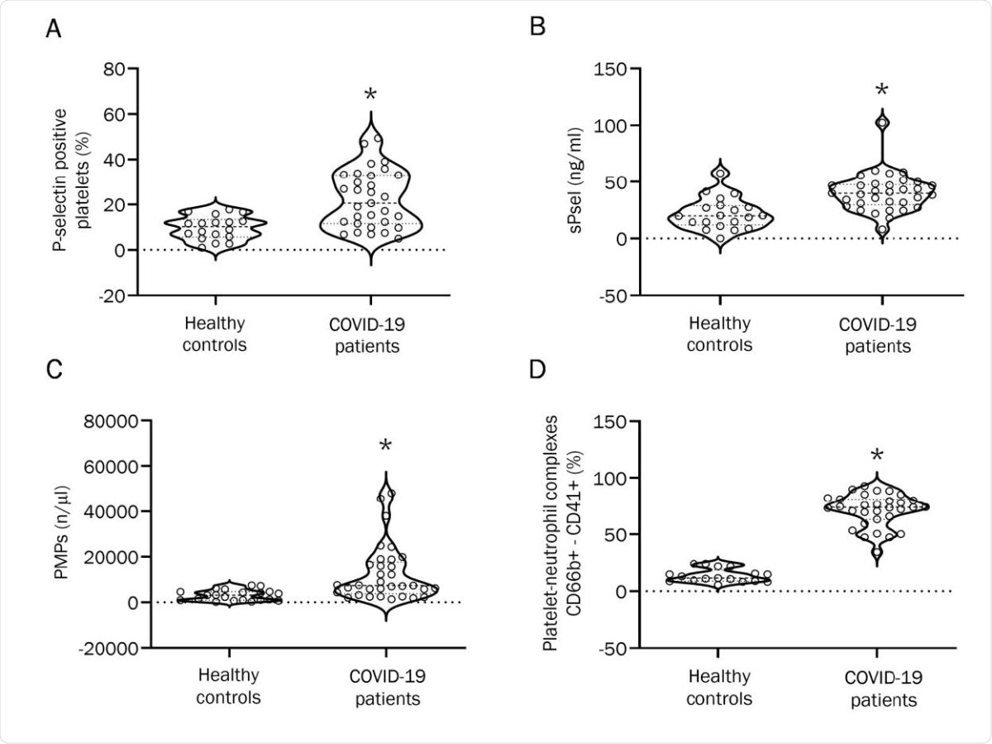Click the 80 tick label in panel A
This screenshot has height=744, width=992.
pos(114,69)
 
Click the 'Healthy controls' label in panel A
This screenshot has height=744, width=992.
pos(214,333)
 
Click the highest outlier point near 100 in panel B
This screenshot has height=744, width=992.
pos(881,122)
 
